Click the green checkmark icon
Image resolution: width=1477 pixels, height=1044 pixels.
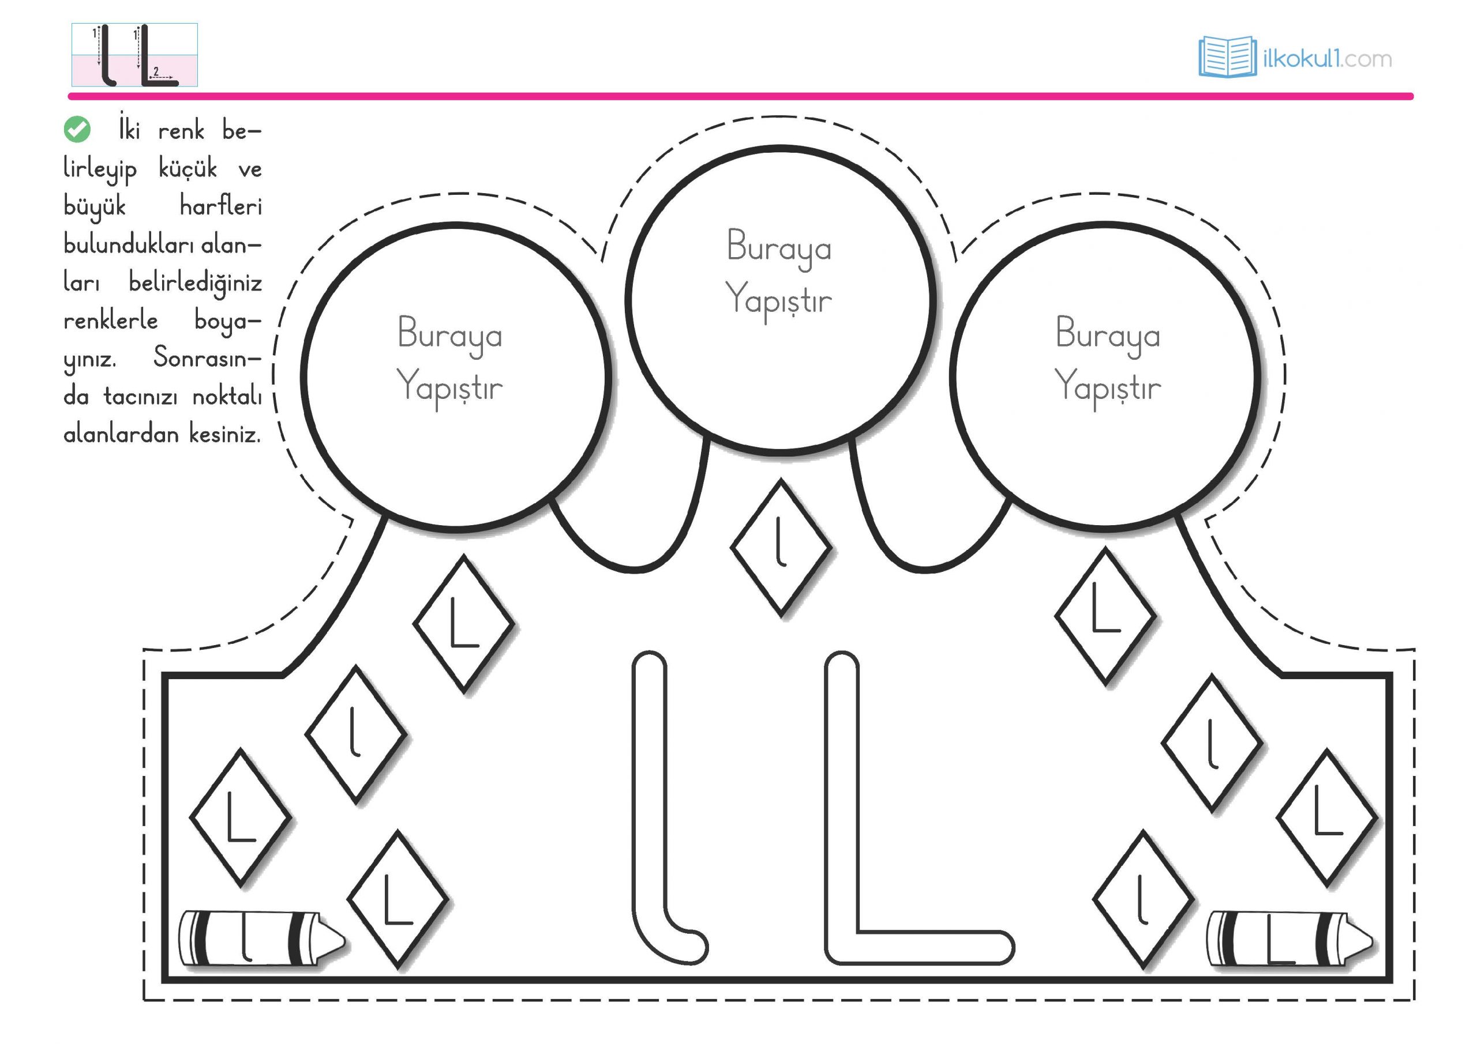coord(77,129)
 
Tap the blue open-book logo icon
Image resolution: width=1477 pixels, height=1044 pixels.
coord(1227,57)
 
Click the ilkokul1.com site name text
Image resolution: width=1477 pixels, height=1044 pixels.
coord(1327,59)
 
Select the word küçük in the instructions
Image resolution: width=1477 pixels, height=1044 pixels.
coord(187,169)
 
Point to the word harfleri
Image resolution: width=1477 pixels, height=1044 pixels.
coord(220,206)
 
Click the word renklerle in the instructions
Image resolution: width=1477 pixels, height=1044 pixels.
coord(111,320)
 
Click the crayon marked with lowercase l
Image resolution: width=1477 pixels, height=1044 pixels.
coord(261,938)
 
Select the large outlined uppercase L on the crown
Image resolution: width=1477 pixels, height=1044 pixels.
coord(901,836)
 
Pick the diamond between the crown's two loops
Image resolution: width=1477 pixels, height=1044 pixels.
coord(780,548)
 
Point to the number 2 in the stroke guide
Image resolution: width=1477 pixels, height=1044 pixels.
coord(156,71)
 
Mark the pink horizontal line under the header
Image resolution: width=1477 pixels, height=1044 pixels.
coord(740,96)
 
